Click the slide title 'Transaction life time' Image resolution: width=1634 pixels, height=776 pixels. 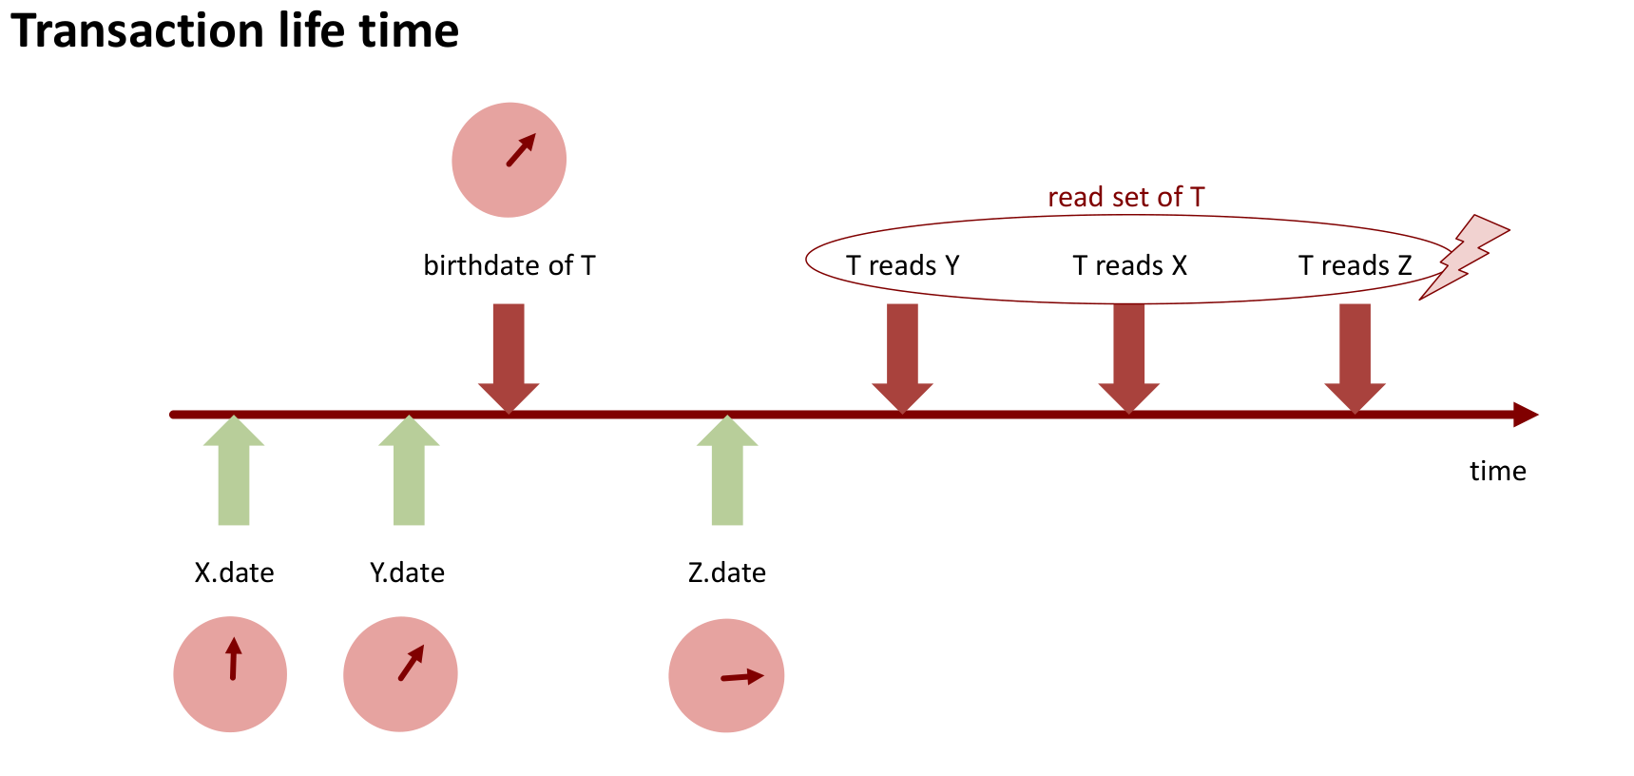click(235, 30)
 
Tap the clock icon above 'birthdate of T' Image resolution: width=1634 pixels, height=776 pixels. click(509, 160)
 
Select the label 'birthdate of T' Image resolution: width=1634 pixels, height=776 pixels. click(509, 265)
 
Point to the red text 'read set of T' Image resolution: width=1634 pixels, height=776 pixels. click(1125, 197)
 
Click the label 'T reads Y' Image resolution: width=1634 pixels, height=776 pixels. click(902, 265)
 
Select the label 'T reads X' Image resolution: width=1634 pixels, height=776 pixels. click(1129, 265)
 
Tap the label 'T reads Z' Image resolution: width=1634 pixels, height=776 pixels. click(1355, 265)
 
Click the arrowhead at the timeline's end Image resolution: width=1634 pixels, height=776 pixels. click(1526, 415)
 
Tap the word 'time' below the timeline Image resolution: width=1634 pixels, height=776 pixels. click(1497, 471)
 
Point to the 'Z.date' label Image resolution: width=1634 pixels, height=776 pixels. click(726, 572)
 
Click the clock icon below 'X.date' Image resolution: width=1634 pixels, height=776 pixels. click(230, 674)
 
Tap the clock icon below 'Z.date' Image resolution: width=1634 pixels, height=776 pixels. click(726, 675)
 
